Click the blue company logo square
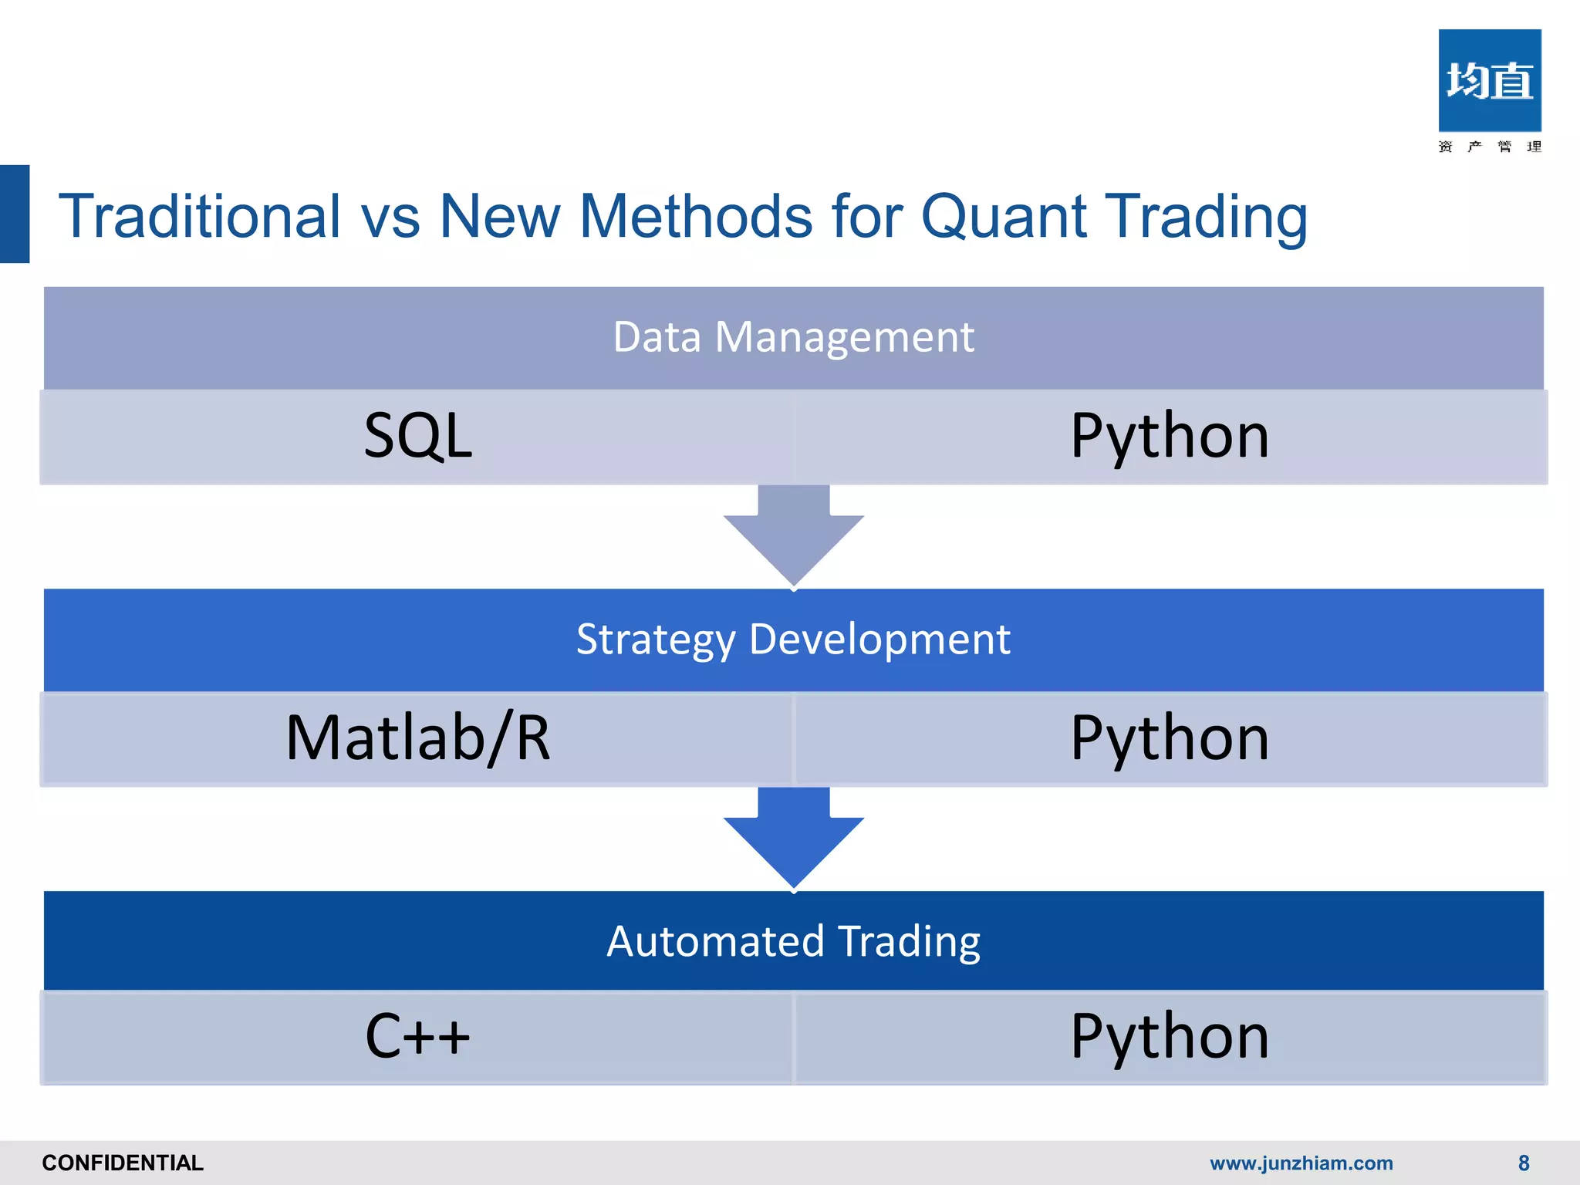click(1489, 80)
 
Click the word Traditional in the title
click(199, 216)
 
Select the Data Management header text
click(793, 337)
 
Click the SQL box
click(417, 437)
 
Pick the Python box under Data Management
click(1170, 437)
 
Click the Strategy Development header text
click(793, 640)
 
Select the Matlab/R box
click(417, 739)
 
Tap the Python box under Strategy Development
click(1170, 739)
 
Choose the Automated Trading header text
click(793, 941)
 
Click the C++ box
click(417, 1037)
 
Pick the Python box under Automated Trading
click(1170, 1037)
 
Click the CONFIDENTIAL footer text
click(123, 1163)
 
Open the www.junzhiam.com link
click(1301, 1163)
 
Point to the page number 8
click(1523, 1163)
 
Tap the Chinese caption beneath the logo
click(1489, 147)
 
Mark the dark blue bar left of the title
click(15, 214)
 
